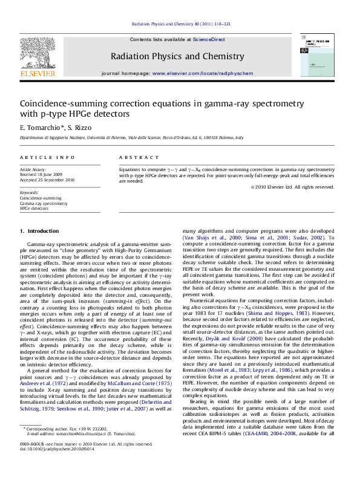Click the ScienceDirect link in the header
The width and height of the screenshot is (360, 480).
pos(209,39)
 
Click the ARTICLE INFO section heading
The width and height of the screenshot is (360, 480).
pos(43,157)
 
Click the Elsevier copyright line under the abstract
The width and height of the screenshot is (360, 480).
pos(292,187)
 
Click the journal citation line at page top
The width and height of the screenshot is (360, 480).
pos(180,25)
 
